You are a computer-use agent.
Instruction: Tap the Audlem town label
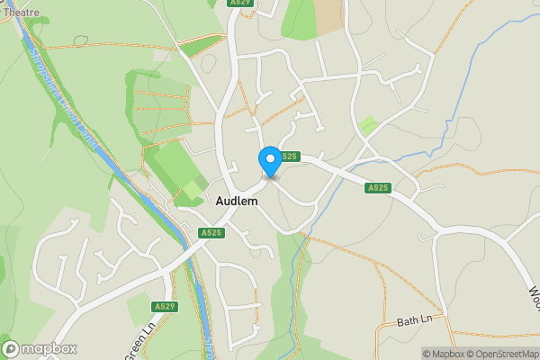[x=237, y=202]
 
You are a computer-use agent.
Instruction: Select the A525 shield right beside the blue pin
[x=288, y=157]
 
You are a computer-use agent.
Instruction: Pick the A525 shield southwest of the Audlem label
[x=211, y=233]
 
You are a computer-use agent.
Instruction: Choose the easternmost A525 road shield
[x=378, y=188]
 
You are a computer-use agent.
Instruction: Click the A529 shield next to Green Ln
[x=165, y=307]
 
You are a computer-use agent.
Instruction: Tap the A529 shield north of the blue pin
[x=239, y=4]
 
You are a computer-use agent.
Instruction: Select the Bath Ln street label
[x=415, y=320]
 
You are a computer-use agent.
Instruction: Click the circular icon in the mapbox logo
[x=12, y=348]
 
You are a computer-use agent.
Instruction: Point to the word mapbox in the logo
[x=50, y=348]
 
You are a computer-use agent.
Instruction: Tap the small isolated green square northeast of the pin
[x=367, y=125]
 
